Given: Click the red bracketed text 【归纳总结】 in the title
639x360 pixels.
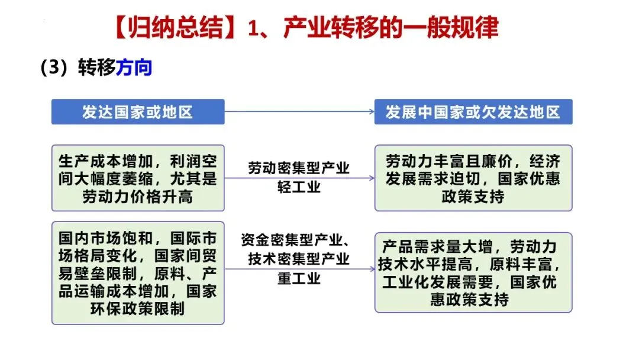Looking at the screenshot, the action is pos(177,28).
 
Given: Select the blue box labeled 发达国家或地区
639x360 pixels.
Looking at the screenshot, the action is pos(138,112).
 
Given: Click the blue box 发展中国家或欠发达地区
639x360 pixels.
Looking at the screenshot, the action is pos(473,112).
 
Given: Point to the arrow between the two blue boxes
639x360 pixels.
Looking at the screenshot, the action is pos(299,111).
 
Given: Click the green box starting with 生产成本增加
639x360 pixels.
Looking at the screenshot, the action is pos(138,178).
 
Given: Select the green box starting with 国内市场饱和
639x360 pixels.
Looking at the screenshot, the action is pos(138,273).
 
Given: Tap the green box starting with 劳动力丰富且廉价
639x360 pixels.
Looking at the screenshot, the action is pos(473,178).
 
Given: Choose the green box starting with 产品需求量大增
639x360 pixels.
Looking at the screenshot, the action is pos(473,272).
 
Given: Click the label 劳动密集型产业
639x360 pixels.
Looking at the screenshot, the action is pos(299,168).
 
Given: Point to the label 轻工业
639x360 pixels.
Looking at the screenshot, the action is pos(299,187).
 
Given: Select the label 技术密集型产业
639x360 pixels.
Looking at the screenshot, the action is pos(299,259).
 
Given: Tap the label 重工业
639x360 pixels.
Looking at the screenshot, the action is pos(299,278).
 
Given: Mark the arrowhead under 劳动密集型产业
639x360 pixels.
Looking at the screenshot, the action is pos(371,178).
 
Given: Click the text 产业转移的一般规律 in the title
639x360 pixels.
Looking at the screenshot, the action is pos(391,28).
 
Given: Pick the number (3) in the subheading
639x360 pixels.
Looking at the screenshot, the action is pos(52,68).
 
